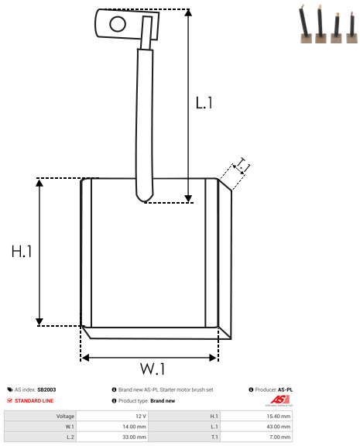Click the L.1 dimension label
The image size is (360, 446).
[x=204, y=103]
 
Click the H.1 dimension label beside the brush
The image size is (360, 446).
[x=22, y=252]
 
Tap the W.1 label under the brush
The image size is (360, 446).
[x=153, y=369]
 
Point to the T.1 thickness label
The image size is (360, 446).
[x=242, y=166]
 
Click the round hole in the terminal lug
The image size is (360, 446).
[x=118, y=24]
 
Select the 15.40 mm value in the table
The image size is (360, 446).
[x=279, y=416]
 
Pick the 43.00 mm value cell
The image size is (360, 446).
[x=279, y=427]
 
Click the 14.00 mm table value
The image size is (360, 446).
[x=134, y=427]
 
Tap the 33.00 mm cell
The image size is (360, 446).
[x=134, y=437]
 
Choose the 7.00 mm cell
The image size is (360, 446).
[x=279, y=437]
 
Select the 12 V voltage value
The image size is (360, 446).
[x=141, y=416]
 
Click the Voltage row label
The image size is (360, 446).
[x=65, y=416]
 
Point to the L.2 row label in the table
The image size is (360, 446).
[x=70, y=437]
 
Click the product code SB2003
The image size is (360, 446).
[x=46, y=389]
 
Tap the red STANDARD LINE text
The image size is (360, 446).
[x=34, y=401]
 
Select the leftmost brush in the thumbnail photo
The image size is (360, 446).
[x=305, y=25]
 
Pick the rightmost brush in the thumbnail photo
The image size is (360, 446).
[x=352, y=28]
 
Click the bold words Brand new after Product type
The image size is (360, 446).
[x=163, y=401]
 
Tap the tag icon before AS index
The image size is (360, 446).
[x=10, y=389]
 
